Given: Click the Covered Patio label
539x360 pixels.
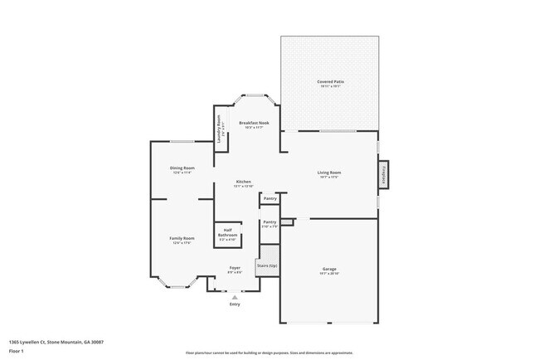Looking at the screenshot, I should [330, 81].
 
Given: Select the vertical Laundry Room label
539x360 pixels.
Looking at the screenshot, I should [221, 133].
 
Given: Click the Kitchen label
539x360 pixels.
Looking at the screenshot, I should [243, 182].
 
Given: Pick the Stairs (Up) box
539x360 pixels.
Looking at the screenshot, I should [267, 265].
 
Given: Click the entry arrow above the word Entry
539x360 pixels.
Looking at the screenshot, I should [235, 297].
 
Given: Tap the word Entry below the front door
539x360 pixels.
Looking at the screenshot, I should [235, 304].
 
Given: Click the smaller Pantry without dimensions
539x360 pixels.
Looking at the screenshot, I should [269, 199].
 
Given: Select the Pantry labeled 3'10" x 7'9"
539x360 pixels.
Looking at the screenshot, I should [269, 223].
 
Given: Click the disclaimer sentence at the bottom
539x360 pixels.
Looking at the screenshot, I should [269, 353].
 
